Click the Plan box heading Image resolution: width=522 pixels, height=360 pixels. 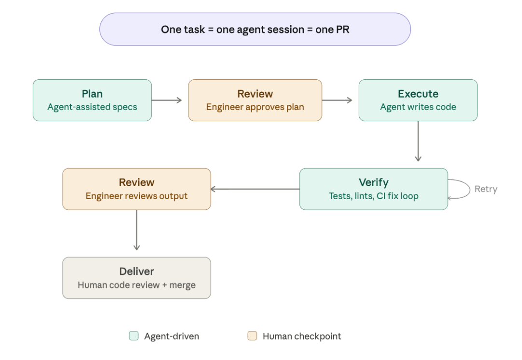[92, 94]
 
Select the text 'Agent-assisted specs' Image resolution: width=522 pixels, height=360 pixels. [92, 107]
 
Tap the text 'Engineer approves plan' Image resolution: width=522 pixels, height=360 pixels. [255, 107]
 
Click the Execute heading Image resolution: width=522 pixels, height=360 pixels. [418, 94]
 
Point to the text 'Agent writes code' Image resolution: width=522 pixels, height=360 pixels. [418, 107]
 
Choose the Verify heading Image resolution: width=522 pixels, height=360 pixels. [373, 183]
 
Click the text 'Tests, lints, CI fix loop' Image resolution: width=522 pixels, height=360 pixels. [373, 196]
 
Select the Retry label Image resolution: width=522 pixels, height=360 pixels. [485, 189]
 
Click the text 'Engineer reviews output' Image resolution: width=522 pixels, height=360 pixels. [137, 196]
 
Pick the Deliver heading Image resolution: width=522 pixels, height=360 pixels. [137, 272]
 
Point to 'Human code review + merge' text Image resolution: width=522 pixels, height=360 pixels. [137, 285]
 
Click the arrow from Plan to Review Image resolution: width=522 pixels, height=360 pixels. [167, 100]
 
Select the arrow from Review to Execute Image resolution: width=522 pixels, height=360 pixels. [337, 100]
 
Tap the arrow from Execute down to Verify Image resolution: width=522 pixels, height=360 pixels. [418, 141]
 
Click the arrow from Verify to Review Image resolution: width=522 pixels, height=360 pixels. [255, 189]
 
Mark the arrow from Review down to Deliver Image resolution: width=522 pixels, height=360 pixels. [137, 230]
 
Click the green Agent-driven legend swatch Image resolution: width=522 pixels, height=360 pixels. [134, 336]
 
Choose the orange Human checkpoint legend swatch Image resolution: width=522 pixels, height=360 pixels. [252, 336]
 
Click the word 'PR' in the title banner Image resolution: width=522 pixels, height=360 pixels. [342, 29]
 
